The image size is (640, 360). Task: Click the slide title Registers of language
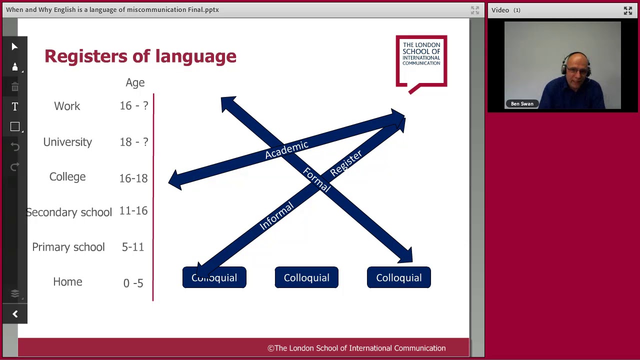(140, 56)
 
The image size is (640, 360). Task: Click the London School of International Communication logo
(421, 61)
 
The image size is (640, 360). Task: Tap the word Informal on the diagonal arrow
(276, 216)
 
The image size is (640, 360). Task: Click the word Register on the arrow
(345, 163)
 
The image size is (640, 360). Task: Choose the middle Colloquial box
(306, 277)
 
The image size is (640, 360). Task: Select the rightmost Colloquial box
(398, 277)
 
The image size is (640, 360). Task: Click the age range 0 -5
(133, 283)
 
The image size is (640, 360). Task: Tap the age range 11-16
(133, 211)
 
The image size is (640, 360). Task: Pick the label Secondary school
(69, 212)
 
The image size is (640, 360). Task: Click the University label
(67, 142)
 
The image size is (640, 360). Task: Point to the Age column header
(135, 82)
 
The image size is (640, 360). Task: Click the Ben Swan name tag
(522, 103)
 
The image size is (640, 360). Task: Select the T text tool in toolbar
(14, 106)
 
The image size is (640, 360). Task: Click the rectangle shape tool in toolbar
(14, 127)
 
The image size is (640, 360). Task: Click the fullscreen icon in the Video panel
(627, 10)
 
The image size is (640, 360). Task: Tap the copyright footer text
(356, 348)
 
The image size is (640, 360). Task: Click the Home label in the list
(67, 282)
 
